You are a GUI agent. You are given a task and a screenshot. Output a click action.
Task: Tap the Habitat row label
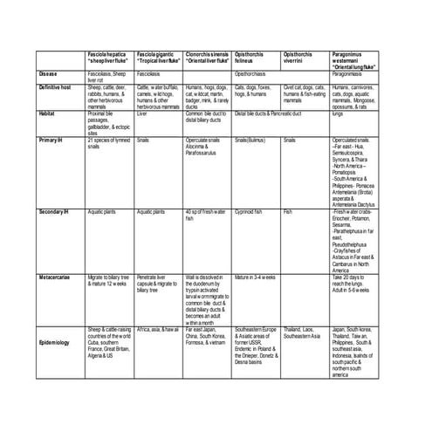tap(51, 113)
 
